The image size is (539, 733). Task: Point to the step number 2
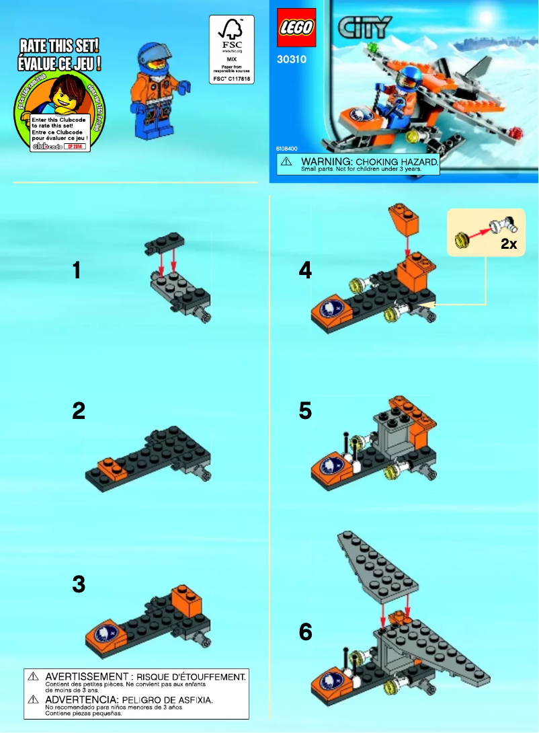pos(79,411)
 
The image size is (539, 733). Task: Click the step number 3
pos(79,585)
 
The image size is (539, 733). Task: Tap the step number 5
pos(305,411)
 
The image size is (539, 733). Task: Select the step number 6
pos(305,632)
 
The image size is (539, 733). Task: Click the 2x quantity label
pos(509,245)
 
